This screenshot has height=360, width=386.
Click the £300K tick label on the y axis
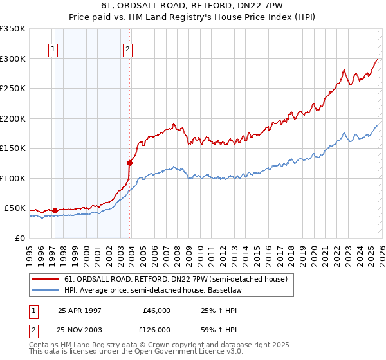(13, 59)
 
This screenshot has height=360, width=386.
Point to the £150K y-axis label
(13, 148)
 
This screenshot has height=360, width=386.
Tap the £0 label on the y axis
(21, 238)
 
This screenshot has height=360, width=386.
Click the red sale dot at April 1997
(55, 210)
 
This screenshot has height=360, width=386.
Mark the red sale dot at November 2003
(130, 163)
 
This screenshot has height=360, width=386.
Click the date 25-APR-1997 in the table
(79, 310)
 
